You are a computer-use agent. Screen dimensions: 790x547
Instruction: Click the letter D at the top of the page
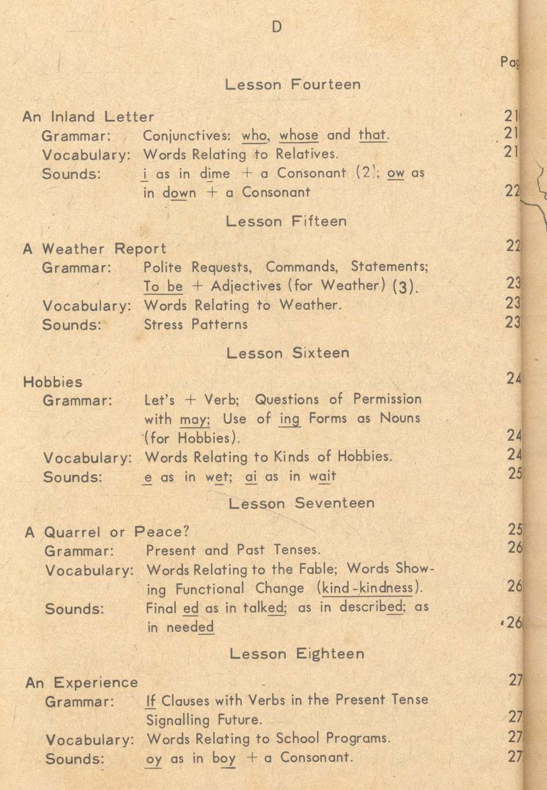point(276,27)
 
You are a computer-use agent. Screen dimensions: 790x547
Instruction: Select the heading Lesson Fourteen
point(292,84)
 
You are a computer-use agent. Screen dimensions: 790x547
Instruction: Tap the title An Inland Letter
point(88,117)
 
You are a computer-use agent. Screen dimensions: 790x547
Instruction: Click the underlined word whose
point(299,135)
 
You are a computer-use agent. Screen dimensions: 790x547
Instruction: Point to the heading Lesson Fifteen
point(286,221)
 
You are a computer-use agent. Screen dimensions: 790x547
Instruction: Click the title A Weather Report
point(94,249)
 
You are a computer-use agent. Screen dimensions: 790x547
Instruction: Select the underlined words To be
point(163,286)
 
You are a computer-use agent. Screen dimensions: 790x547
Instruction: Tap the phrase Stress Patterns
point(195,324)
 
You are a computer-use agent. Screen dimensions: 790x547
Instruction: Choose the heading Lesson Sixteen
point(288,353)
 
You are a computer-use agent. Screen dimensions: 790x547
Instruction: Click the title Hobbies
point(53,382)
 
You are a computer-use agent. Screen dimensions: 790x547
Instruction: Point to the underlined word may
point(194,419)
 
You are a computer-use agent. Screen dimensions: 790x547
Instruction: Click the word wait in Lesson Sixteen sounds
point(322,477)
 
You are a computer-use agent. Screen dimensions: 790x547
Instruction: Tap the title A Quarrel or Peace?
point(107,531)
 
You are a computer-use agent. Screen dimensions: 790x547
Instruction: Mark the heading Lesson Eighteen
point(297,654)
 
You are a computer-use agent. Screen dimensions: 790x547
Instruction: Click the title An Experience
point(82,683)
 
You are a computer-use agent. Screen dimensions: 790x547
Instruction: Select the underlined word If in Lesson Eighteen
point(151,701)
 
